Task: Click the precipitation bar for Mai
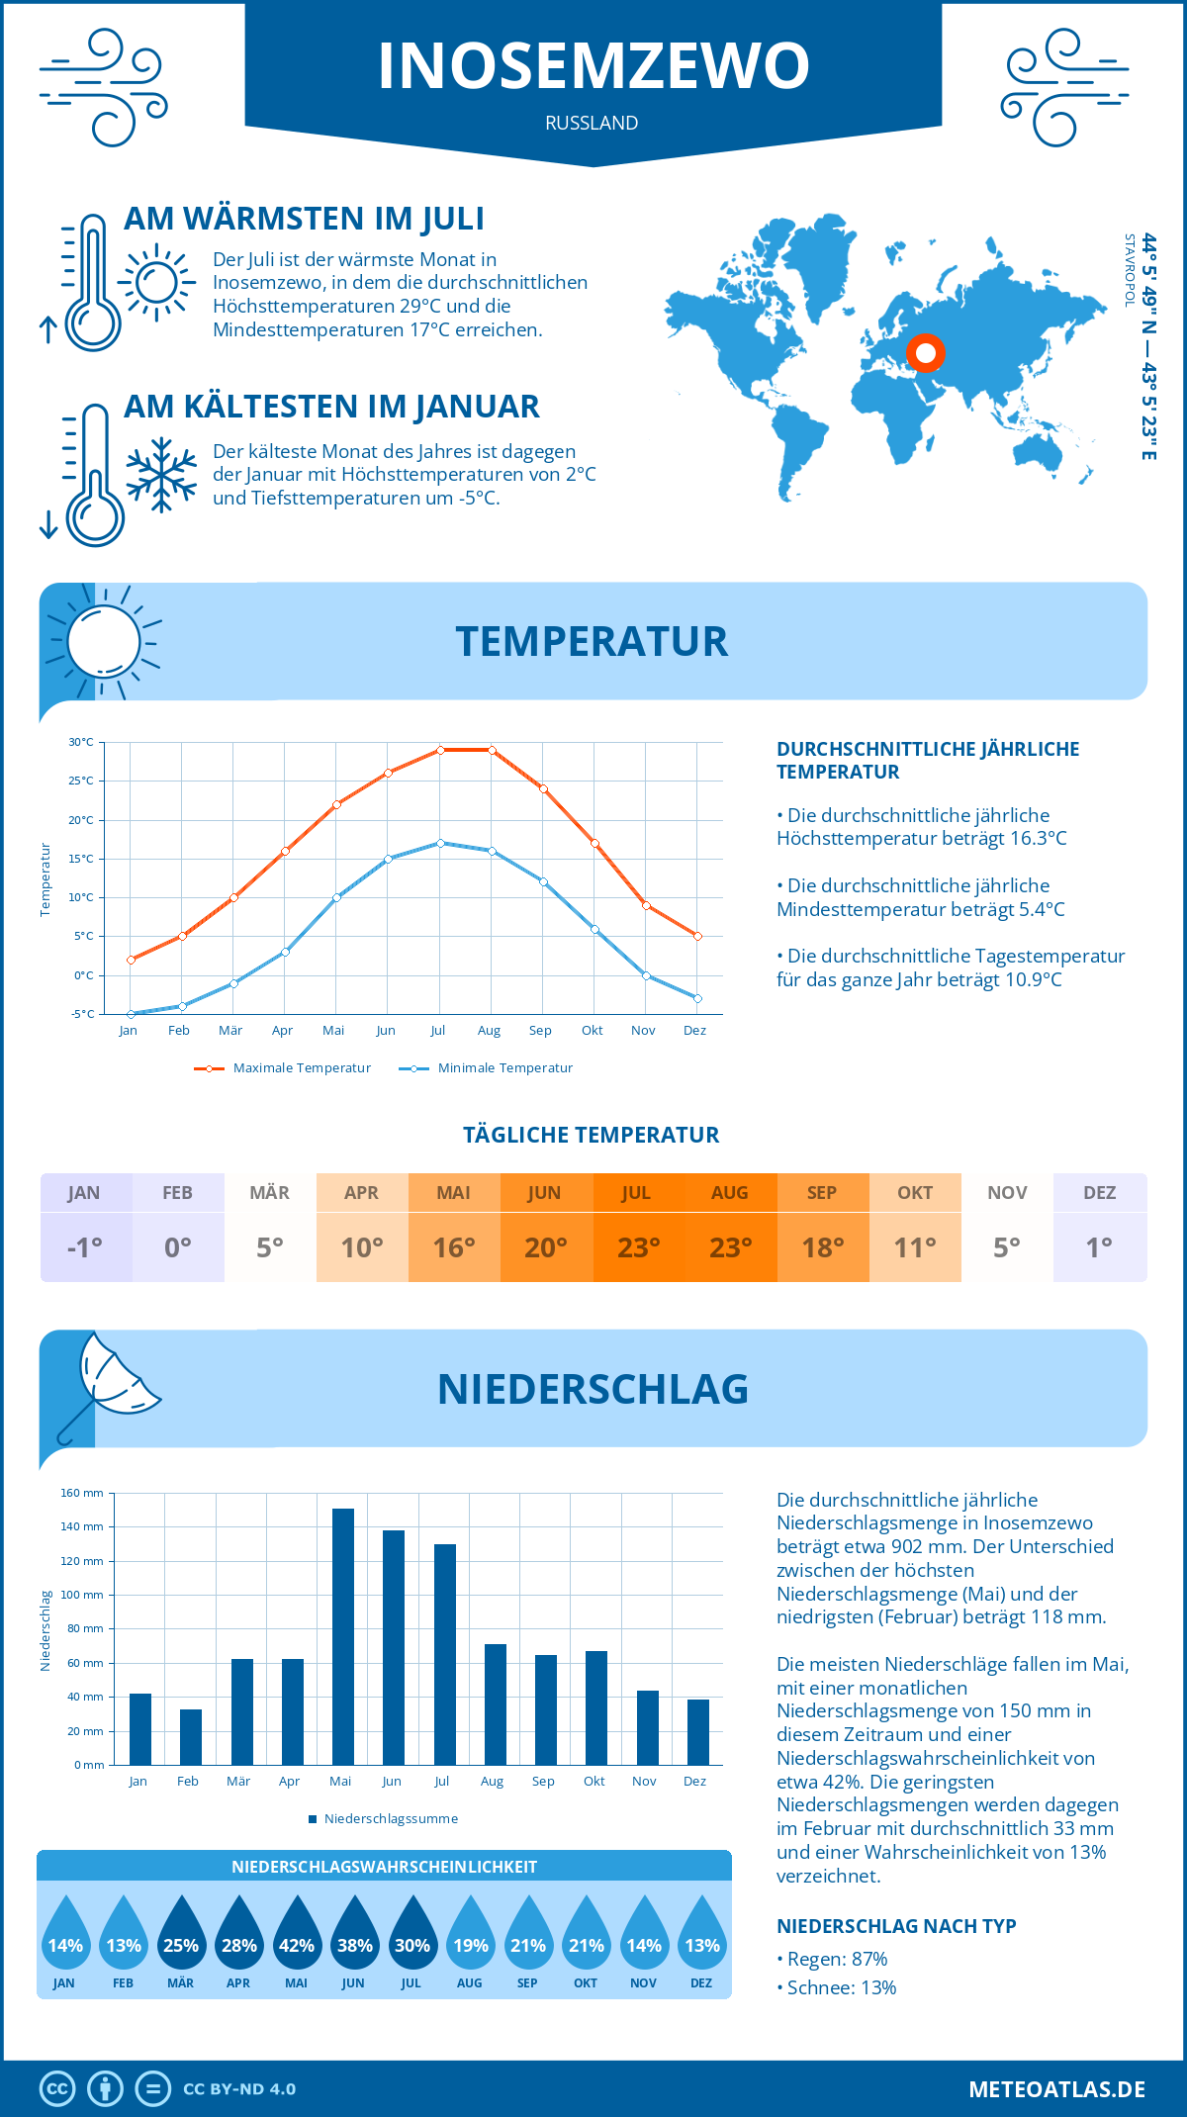[343, 1636]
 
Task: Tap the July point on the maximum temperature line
[440, 750]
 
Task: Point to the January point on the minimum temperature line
[131, 1014]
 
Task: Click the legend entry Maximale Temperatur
[283, 1068]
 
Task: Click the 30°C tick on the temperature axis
[81, 742]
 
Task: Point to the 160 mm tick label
[83, 1493]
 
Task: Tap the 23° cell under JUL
[638, 1247]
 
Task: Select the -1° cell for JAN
[85, 1247]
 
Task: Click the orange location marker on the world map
[926, 352]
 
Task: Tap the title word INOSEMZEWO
[593, 65]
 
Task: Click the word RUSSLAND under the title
[592, 123]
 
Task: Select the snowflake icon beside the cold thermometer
[161, 475]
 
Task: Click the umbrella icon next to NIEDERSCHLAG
[107, 1385]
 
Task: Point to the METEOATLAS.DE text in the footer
[1056, 2089]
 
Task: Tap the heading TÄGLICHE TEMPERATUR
[592, 1135]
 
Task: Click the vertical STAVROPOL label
[1130, 269]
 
